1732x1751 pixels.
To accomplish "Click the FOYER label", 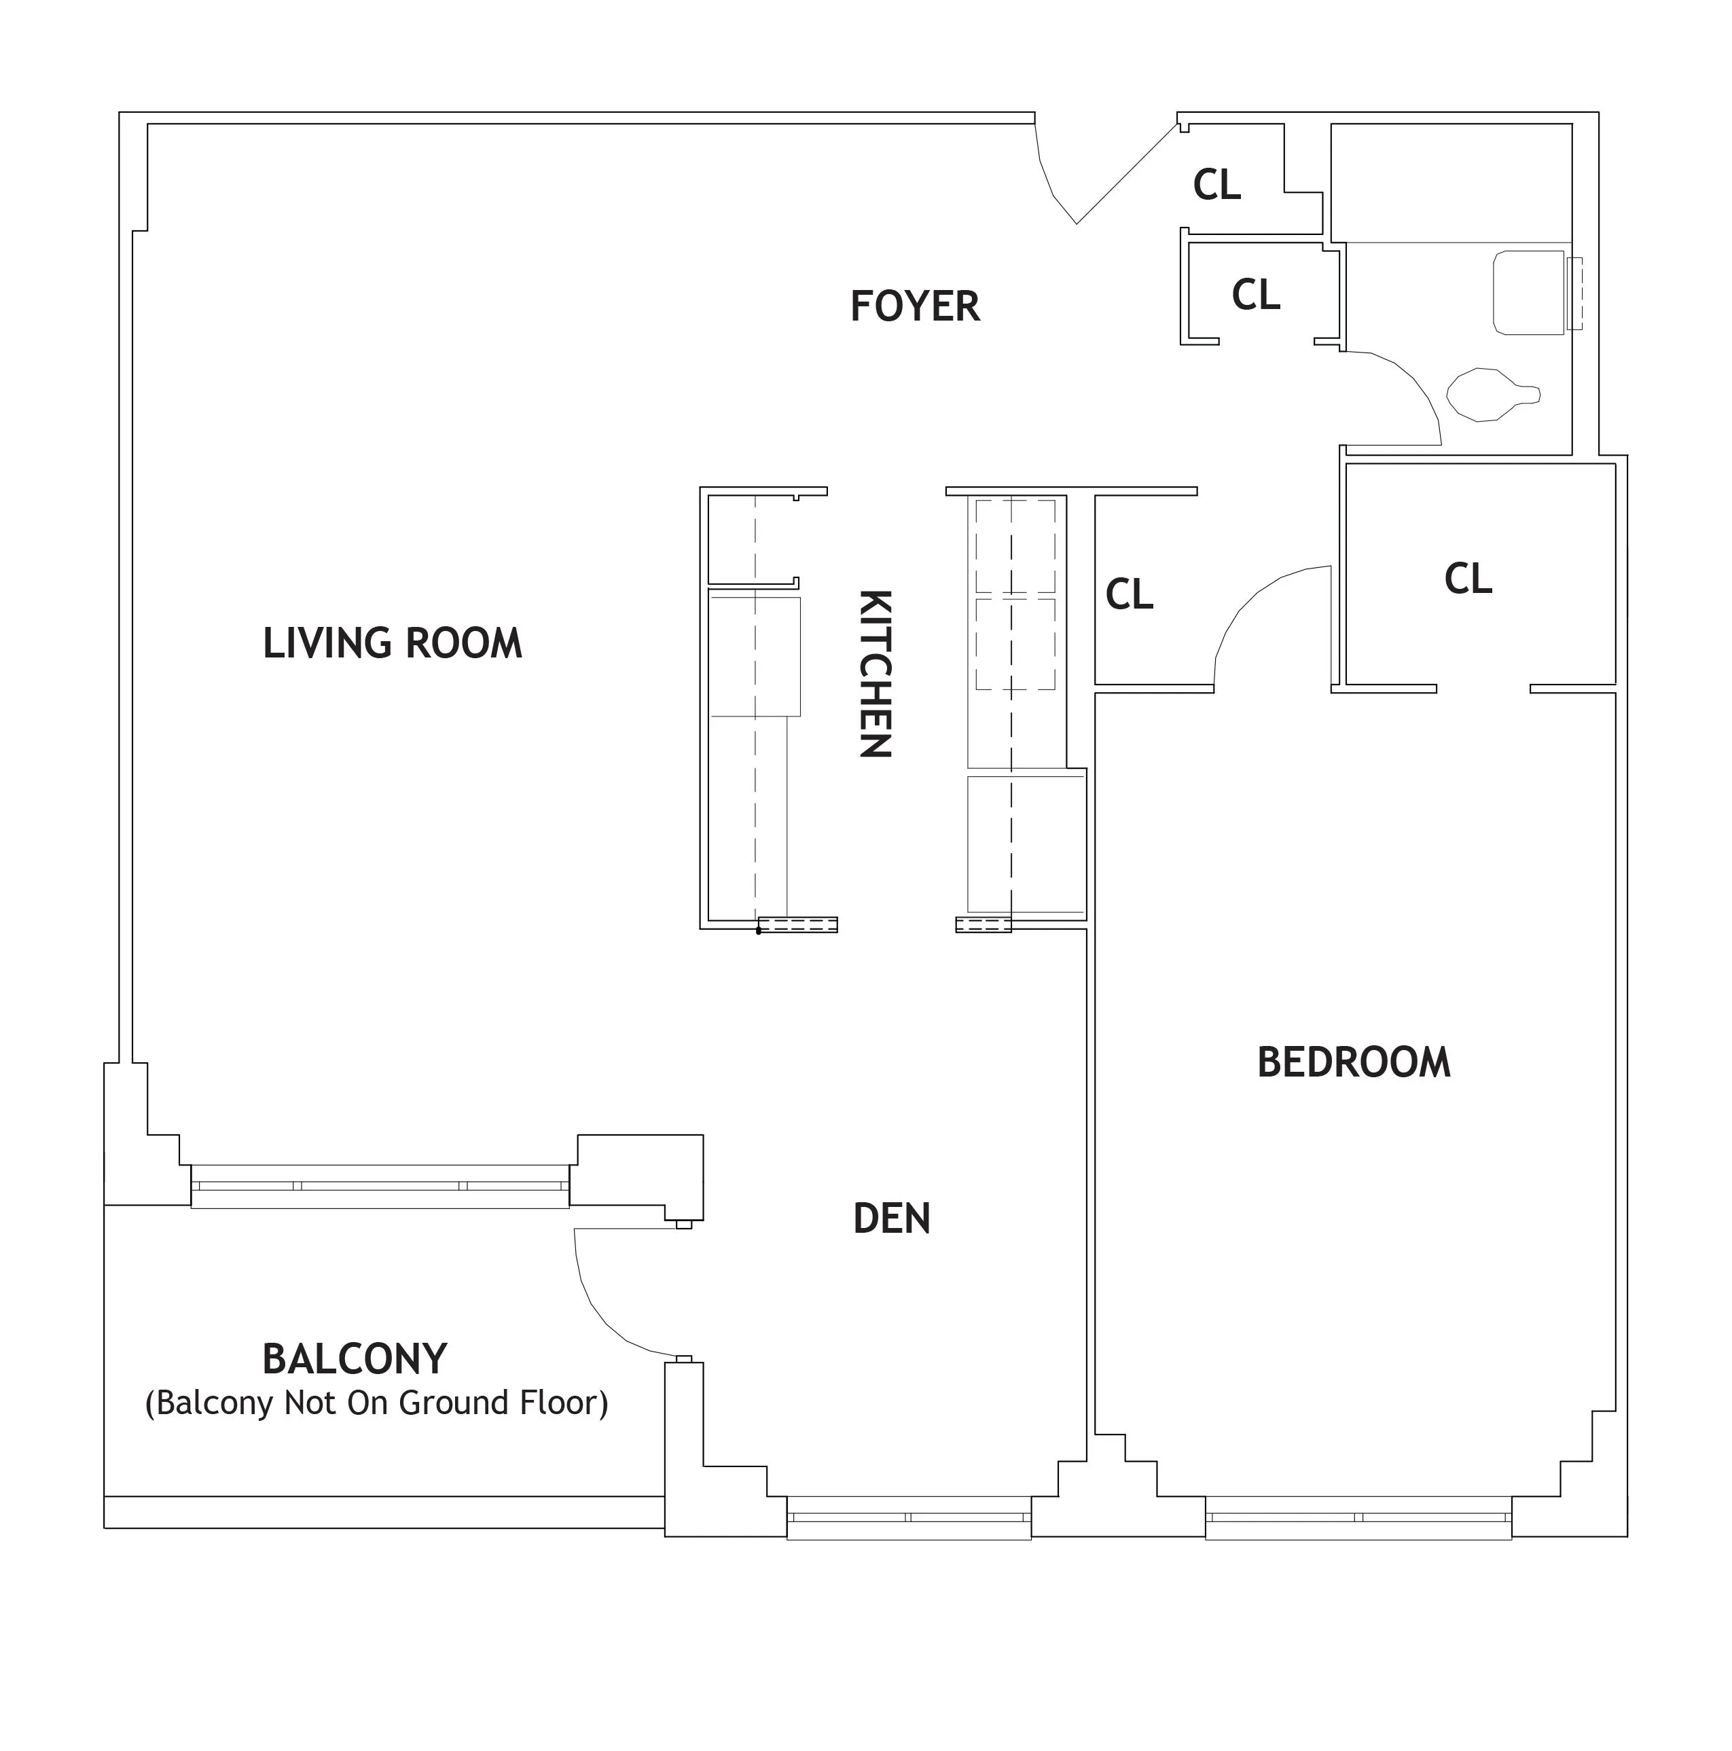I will (914, 306).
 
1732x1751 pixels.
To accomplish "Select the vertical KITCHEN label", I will (875, 673).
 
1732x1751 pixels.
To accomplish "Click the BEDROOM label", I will (1353, 1062).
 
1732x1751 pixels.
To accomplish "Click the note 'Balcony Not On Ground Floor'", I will (376, 1403).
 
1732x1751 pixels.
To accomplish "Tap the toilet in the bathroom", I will (1491, 394).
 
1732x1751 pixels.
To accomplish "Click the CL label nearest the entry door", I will (1215, 185).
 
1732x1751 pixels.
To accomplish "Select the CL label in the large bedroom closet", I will (1467, 578).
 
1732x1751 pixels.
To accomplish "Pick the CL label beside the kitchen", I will (1128, 594).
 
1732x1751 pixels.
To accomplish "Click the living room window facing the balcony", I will (380, 1185).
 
